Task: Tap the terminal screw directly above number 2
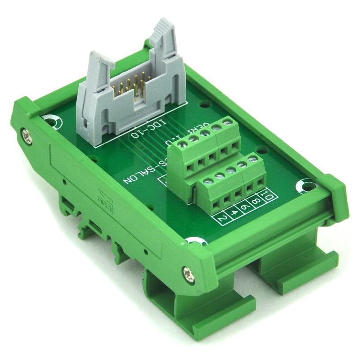pyautogui.click(x=207, y=182)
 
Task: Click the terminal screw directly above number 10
pyautogui.click(x=254, y=159)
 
